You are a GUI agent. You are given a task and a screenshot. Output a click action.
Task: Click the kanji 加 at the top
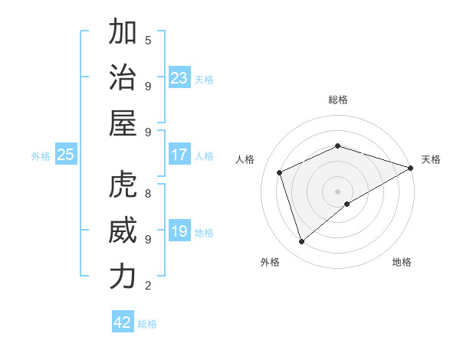123,33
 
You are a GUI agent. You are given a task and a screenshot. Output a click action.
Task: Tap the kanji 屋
123,124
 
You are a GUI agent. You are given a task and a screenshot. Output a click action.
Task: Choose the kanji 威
123,231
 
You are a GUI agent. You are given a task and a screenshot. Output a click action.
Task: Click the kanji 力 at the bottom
123,277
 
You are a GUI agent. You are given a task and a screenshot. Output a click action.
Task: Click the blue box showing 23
179,77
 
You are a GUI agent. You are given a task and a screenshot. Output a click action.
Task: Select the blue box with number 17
179,155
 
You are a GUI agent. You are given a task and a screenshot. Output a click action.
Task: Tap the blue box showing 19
179,231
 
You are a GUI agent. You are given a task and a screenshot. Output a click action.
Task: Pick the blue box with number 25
65,155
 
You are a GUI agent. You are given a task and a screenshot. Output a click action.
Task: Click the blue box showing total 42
123,322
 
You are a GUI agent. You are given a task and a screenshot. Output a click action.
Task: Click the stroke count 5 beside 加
148,40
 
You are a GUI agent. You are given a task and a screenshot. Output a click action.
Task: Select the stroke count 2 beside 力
148,286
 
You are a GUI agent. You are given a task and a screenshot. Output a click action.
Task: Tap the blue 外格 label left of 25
41,155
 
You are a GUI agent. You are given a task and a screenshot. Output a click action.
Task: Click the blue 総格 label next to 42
147,323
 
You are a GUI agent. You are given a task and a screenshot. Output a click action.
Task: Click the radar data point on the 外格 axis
301,242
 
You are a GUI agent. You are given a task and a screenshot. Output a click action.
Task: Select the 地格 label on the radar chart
402,262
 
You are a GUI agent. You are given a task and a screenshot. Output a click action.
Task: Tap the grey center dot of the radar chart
337,191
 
